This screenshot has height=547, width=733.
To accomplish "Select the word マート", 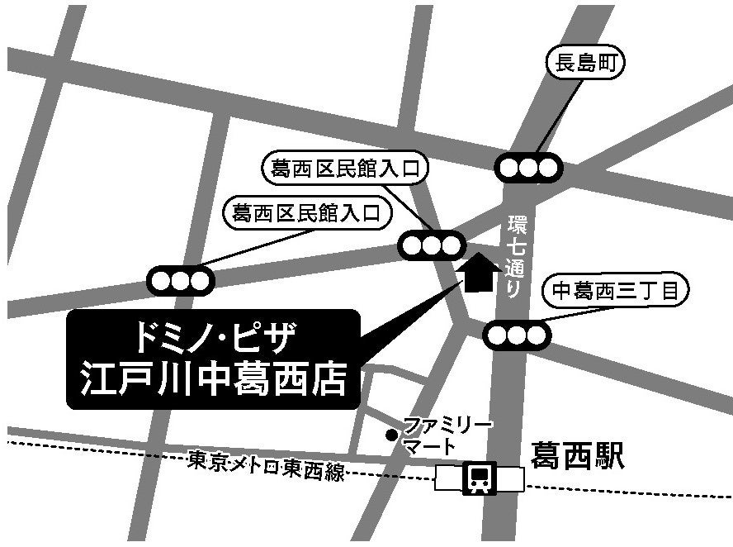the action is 428,447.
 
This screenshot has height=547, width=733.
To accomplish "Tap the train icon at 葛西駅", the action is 479,477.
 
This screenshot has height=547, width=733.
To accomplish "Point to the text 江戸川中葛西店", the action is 214,379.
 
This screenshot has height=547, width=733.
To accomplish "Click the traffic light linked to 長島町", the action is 528,168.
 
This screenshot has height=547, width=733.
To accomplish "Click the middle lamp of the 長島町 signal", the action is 528,168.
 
